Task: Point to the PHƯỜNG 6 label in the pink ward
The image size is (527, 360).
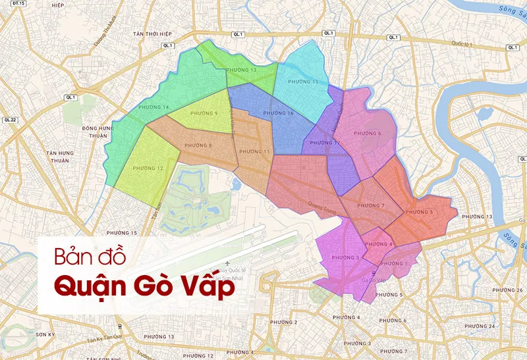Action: point(368,134)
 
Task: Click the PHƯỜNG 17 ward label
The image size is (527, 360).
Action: point(325,143)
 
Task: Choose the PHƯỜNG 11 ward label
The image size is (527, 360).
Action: point(254,152)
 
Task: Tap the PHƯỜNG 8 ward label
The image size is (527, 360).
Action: point(198,145)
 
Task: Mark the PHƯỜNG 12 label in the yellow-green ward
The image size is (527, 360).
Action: point(148,168)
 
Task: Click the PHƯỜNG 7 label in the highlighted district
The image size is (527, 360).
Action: point(371,206)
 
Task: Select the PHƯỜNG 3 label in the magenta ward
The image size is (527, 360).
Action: point(345,257)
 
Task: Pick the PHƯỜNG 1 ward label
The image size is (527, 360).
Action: point(394,263)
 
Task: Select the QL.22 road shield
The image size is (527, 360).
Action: point(9,120)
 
